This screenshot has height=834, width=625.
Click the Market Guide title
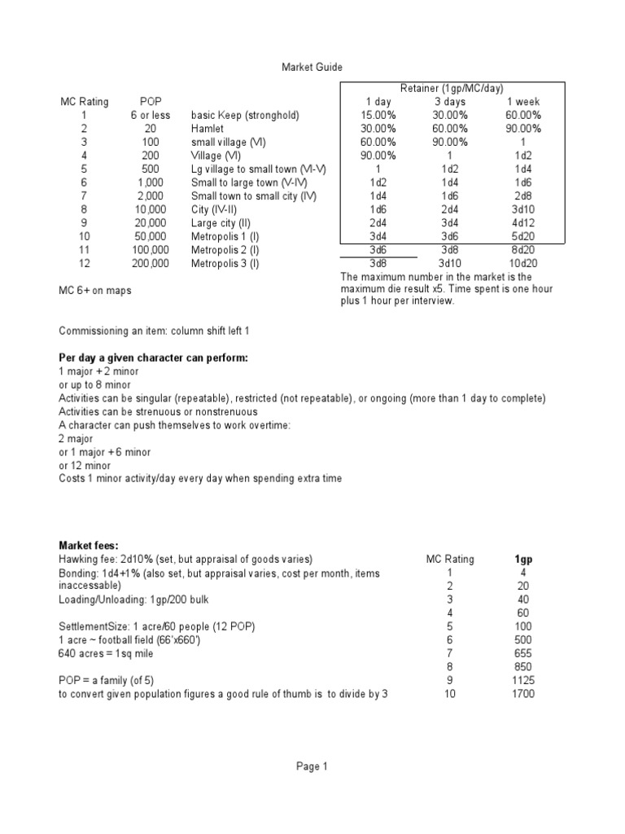[307, 68]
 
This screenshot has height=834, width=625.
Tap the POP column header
[151, 101]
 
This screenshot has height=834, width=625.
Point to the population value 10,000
[151, 208]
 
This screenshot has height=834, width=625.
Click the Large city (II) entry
[222, 222]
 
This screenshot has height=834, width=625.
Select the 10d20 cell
[523, 263]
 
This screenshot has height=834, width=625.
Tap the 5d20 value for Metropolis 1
[523, 236]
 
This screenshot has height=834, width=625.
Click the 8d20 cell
[523, 249]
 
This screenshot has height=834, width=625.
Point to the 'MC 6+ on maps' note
[94, 291]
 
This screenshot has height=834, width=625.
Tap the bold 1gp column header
[523, 560]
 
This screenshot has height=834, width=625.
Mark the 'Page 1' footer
[312, 766]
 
